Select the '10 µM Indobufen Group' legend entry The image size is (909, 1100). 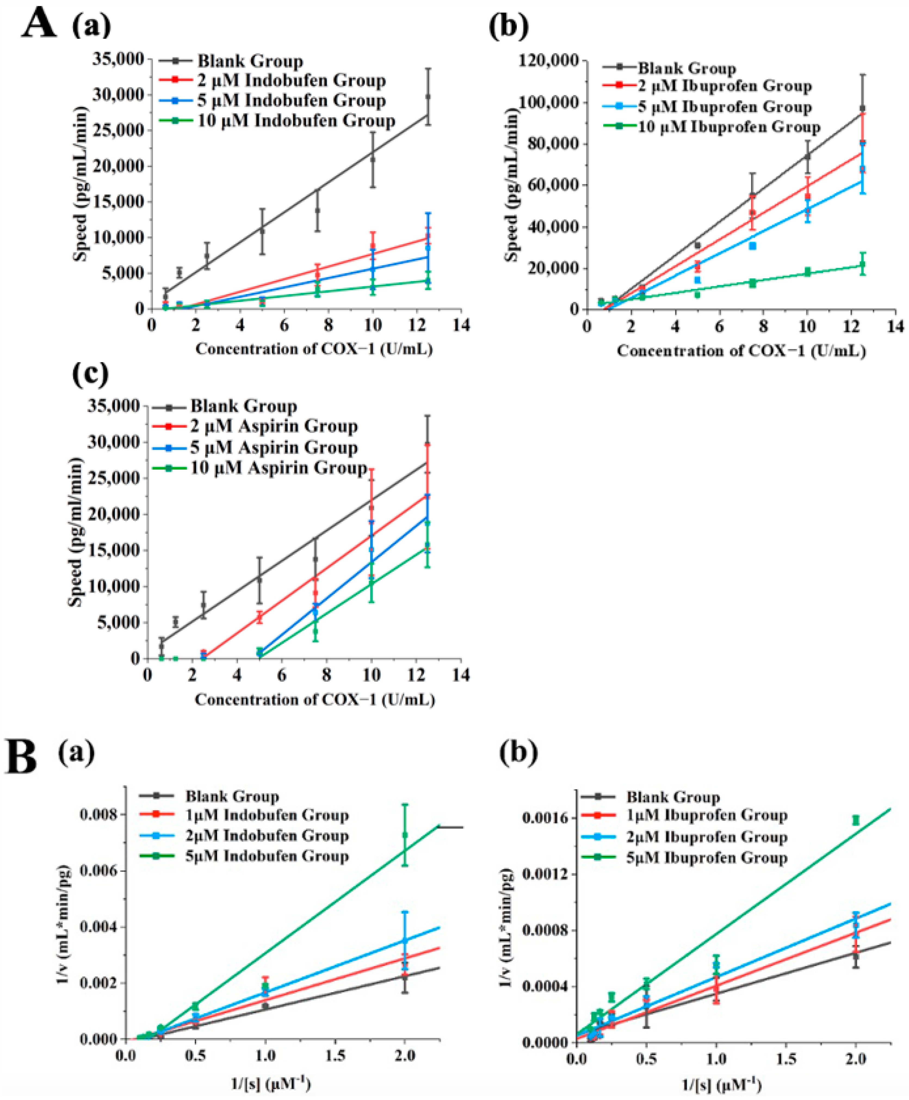[296, 121]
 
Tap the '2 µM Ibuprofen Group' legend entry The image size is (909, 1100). [724, 86]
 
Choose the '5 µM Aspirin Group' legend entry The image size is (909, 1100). [273, 447]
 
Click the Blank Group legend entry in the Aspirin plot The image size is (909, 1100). [243, 406]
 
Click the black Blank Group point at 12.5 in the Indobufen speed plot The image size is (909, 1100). [428, 96]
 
